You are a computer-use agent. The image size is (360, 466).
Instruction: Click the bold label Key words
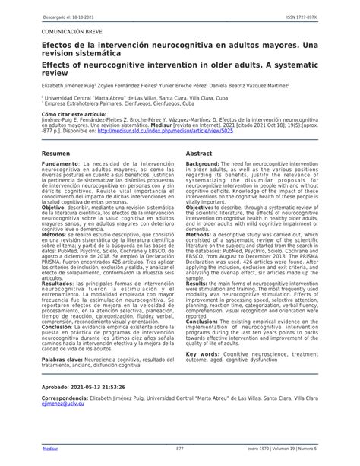203,354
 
